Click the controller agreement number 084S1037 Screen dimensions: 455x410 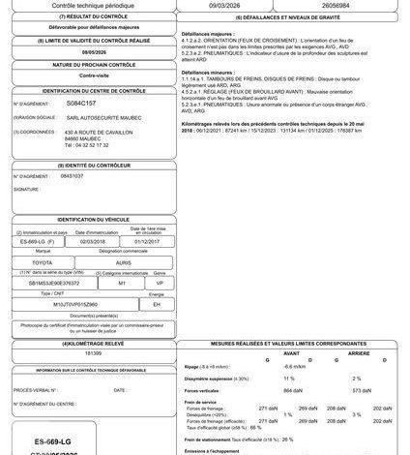72,176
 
